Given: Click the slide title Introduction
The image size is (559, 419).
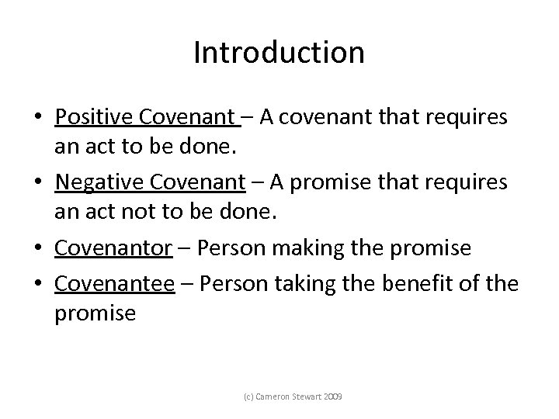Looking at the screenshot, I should coord(279,53).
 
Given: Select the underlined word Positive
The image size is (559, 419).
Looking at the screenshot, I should coord(91,117).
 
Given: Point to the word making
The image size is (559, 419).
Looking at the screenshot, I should coord(321,248).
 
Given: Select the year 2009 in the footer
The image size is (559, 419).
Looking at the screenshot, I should coord(332,396).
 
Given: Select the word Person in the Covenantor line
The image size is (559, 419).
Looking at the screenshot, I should coord(224,248).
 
